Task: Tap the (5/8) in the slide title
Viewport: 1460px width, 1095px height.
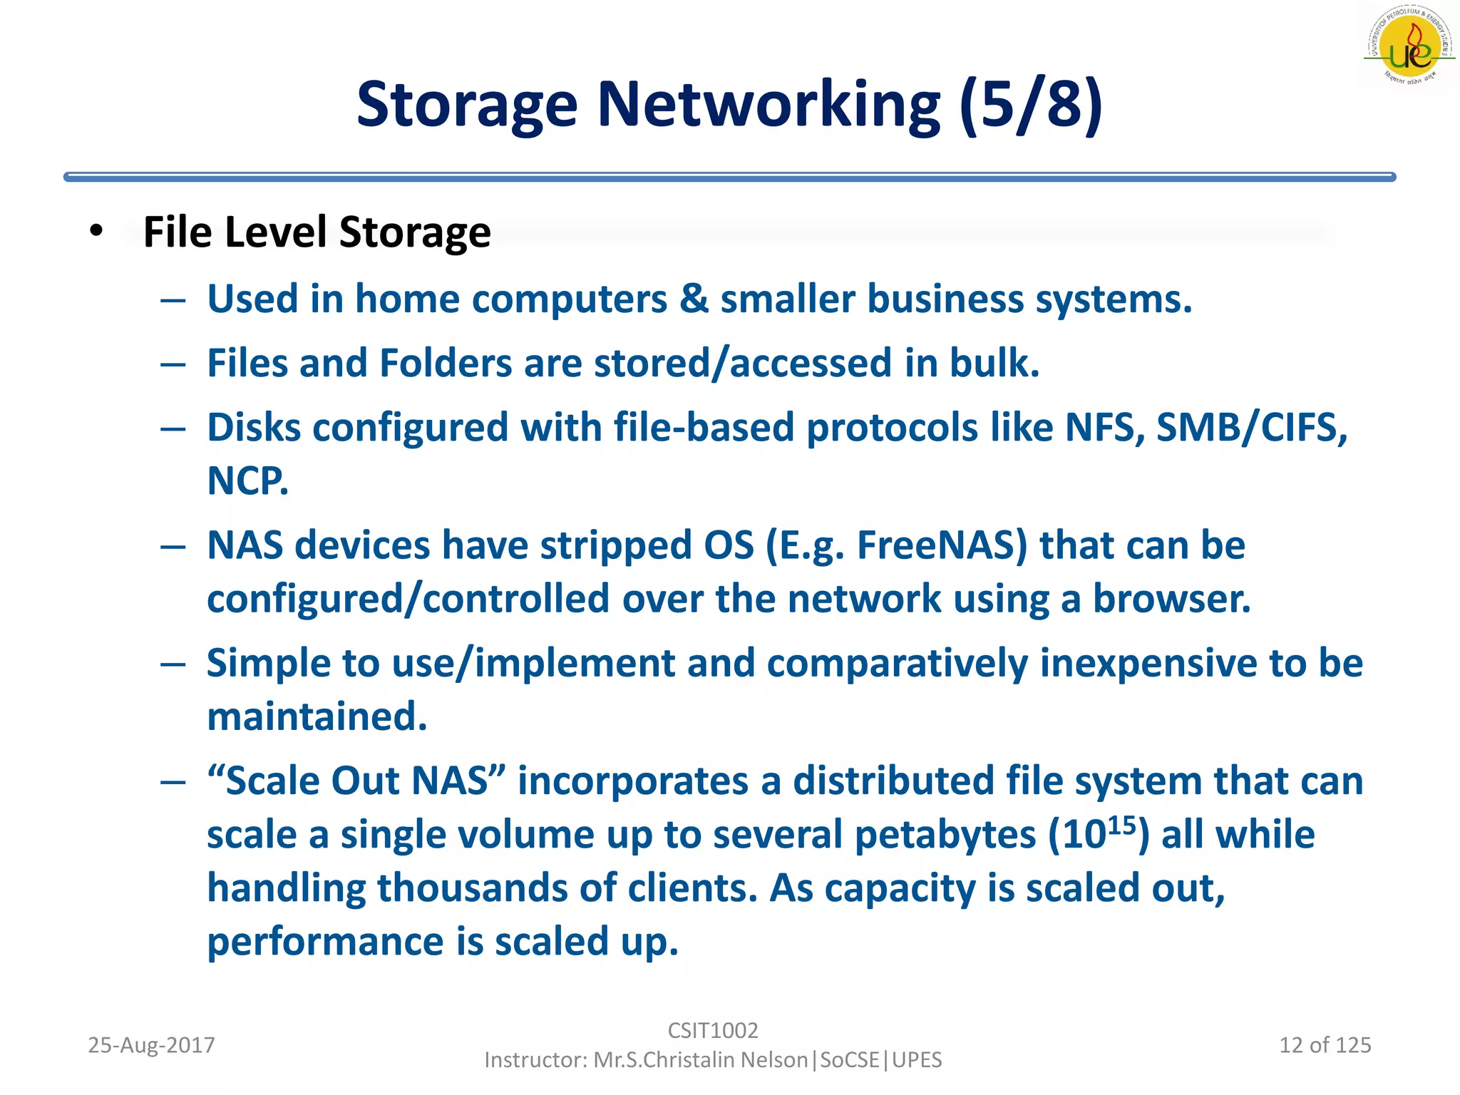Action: pos(1031,105)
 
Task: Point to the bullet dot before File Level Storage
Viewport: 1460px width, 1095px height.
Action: pos(96,231)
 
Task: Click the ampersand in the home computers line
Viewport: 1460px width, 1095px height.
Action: pos(694,298)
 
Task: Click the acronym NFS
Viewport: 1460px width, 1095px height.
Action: pos(1104,428)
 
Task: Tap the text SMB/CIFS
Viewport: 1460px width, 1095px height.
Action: pos(1251,428)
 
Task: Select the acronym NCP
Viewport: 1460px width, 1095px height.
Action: pos(247,481)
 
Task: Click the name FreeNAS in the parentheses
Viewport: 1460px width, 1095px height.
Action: pos(941,545)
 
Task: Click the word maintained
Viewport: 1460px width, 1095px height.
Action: pos(317,716)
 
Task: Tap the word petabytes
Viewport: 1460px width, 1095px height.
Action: pos(945,835)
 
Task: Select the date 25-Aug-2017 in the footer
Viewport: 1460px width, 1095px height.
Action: pos(151,1045)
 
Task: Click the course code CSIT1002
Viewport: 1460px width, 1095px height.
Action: pos(713,1030)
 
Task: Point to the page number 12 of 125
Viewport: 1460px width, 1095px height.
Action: pos(1325,1045)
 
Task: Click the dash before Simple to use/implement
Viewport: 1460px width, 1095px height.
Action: pos(173,664)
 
